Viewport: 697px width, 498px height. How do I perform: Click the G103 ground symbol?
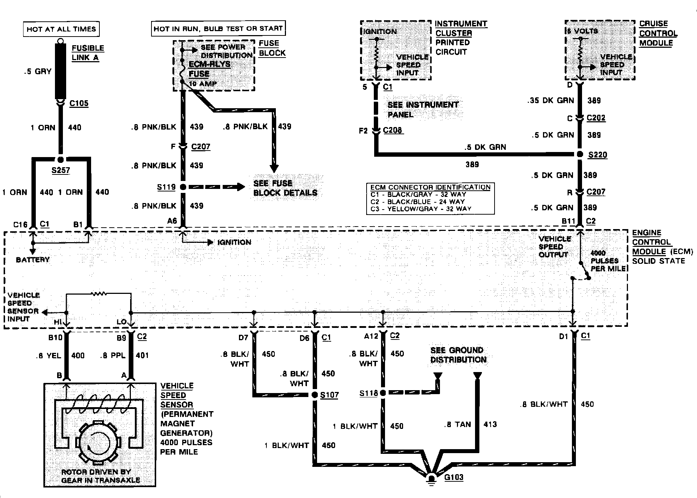[x=431, y=478]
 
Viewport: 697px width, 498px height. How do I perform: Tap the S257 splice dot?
[x=61, y=160]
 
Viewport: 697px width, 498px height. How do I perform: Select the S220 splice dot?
[x=580, y=155]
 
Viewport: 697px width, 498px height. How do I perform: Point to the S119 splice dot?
[x=183, y=187]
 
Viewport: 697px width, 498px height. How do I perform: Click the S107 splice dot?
[x=315, y=395]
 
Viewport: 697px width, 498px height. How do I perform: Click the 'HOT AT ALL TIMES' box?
[x=61, y=29]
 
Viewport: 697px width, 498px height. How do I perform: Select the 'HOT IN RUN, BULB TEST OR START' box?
[x=218, y=29]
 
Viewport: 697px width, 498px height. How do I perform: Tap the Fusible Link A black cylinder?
[x=60, y=71]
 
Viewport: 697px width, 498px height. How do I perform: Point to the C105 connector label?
[x=79, y=104]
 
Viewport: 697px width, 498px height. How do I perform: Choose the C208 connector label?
[x=393, y=130]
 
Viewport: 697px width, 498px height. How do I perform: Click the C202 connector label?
[x=596, y=118]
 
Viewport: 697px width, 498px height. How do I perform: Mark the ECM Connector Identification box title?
[x=430, y=187]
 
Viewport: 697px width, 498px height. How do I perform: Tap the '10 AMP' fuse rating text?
[x=203, y=84]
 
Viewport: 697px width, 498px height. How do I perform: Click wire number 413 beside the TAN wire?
[x=490, y=425]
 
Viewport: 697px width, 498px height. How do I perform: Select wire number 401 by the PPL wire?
[x=142, y=355]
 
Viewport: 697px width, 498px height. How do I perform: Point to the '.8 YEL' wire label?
[x=49, y=356]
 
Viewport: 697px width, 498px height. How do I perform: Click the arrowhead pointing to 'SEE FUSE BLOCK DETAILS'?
[x=240, y=187]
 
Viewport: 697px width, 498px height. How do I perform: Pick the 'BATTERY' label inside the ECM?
[x=33, y=260]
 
